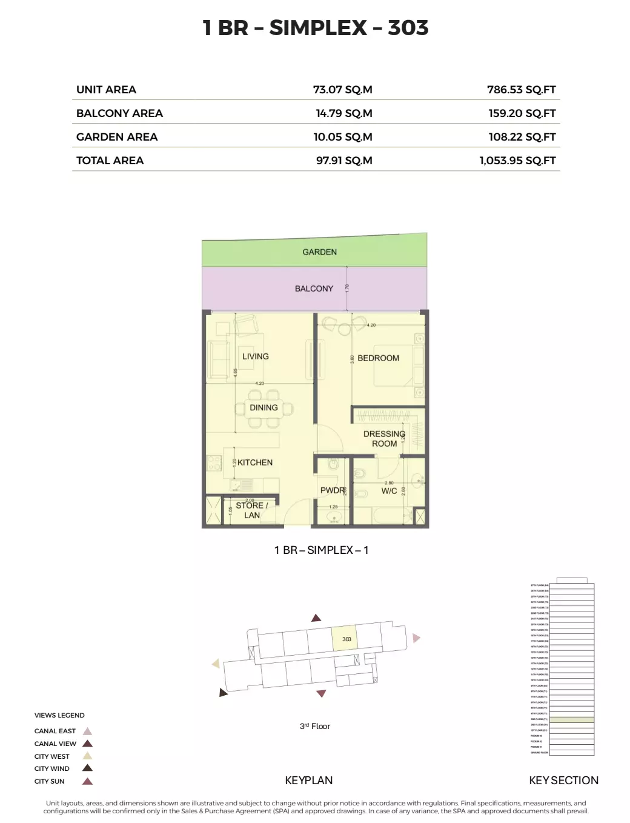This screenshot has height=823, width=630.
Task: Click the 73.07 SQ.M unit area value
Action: click(342, 90)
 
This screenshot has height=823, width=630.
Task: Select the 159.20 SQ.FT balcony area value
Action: click(522, 113)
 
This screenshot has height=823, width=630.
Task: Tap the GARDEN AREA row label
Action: click(117, 137)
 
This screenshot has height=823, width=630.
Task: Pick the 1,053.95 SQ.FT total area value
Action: click(517, 161)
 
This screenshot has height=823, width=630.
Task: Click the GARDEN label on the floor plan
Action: click(319, 252)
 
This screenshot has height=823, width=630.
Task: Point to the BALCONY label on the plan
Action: click(314, 288)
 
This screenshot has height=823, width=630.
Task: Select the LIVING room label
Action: click(255, 356)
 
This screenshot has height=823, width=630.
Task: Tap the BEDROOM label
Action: click(378, 358)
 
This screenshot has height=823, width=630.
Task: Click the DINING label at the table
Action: click(264, 408)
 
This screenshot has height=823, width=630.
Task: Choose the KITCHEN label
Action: click(254, 462)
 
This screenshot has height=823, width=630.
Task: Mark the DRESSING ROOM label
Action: click(384, 439)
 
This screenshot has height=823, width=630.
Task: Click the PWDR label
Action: click(333, 490)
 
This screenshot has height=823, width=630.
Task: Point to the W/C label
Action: click(389, 491)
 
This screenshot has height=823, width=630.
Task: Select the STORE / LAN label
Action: click(251, 510)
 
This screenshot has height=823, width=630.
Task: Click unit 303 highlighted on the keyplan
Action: click(346, 639)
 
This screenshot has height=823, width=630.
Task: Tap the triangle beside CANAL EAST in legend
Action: click(87, 731)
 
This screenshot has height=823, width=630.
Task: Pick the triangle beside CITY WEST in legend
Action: click(87, 756)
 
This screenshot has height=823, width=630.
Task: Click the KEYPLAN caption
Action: click(308, 781)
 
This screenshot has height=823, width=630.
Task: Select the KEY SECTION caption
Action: click(563, 781)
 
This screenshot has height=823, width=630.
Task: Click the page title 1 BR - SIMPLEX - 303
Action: click(316, 28)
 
